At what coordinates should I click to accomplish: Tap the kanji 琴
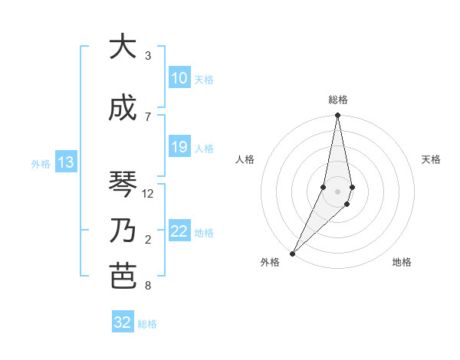pyautogui.click(x=123, y=185)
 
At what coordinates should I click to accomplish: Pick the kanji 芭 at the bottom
pyautogui.click(x=123, y=277)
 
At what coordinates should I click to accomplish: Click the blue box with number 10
pyautogui.click(x=179, y=78)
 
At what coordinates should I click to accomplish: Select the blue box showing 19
pyautogui.click(x=179, y=147)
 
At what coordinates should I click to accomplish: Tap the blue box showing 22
pyautogui.click(x=179, y=231)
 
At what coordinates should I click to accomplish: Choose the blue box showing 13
pyautogui.click(x=65, y=162)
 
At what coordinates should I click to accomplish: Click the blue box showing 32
pyautogui.click(x=123, y=322)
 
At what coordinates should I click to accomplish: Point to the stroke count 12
pyautogui.click(x=148, y=194)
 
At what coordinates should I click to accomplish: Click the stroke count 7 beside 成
pyautogui.click(x=148, y=116)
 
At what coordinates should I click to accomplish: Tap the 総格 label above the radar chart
pyautogui.click(x=337, y=100)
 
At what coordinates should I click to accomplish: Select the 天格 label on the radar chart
pyautogui.click(x=431, y=159)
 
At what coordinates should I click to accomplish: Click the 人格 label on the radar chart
pyautogui.click(x=245, y=159)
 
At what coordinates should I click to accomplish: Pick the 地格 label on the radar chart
pyautogui.click(x=402, y=263)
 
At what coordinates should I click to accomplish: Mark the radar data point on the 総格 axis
pyautogui.click(x=337, y=116)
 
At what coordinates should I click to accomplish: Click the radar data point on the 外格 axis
pyautogui.click(x=293, y=252)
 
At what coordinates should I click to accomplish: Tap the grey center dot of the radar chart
pyautogui.click(x=337, y=191)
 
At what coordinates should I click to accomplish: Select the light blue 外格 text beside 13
pyautogui.click(x=40, y=163)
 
